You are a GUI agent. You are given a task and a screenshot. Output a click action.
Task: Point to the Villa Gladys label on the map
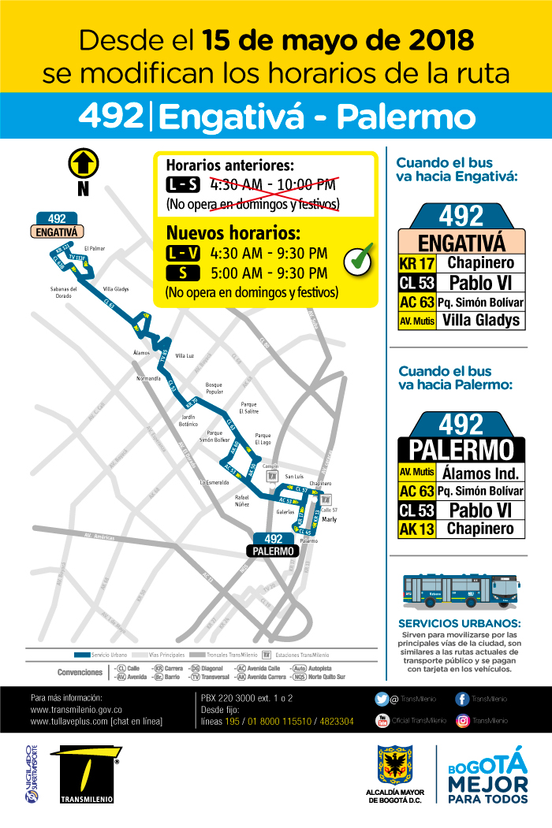pos(115,289)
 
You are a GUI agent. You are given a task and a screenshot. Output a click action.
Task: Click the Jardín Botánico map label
pos(188,419)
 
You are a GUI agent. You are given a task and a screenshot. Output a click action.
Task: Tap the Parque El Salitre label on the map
pos(248,407)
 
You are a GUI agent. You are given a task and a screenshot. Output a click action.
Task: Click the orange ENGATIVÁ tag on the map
pos(57,232)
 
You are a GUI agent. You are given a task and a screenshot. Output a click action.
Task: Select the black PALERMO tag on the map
pos(274,551)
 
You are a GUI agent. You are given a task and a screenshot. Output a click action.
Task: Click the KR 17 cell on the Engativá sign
pos(417,263)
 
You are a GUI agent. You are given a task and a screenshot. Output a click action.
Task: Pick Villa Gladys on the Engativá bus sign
pos(481,320)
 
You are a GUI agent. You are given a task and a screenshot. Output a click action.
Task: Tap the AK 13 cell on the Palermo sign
pos(417,529)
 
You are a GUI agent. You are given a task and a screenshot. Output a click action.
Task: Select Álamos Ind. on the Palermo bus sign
pos(481,473)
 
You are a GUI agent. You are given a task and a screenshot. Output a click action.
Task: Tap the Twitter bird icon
pos(381,698)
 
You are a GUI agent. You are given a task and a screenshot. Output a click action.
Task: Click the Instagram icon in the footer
pos(463,720)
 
